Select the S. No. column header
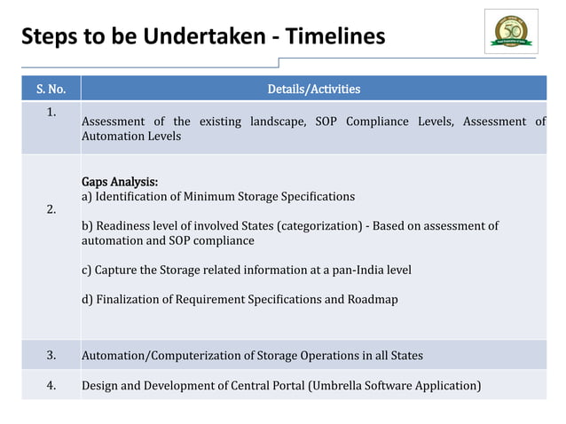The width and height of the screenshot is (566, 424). point(51,89)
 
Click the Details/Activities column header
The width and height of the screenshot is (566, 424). point(313,89)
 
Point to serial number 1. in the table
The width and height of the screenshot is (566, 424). point(51,112)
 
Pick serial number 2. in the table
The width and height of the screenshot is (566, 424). point(51,210)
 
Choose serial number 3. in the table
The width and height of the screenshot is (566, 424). point(51,356)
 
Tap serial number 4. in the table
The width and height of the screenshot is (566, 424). point(51,385)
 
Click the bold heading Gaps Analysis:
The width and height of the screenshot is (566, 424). point(120,181)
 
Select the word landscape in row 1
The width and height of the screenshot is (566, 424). point(271,122)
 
